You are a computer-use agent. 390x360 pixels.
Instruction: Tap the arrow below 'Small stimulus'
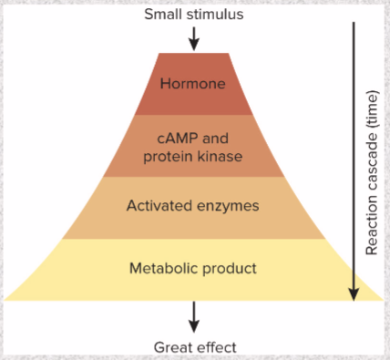(x=193, y=38)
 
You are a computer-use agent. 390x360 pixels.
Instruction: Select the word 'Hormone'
(x=192, y=85)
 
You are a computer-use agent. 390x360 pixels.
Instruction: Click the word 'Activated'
(x=157, y=206)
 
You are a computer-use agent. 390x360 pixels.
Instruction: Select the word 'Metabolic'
(x=162, y=269)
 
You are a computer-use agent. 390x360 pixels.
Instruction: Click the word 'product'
(x=228, y=269)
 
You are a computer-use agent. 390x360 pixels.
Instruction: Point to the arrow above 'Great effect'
(x=193, y=316)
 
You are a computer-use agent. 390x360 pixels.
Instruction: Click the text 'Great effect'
(x=194, y=347)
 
